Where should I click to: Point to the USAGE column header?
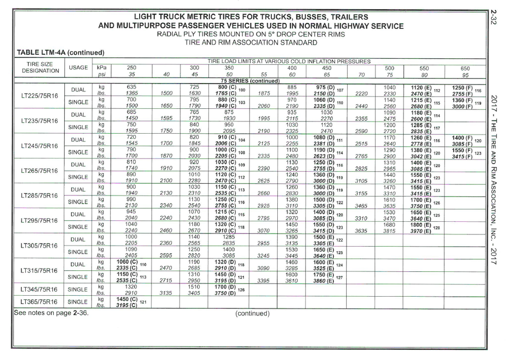(x=78, y=68)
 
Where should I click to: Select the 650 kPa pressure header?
(x=465, y=68)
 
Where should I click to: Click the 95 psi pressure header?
(x=465, y=74)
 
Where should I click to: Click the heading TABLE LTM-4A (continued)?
(x=60, y=53)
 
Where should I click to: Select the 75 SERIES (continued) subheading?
(x=250, y=81)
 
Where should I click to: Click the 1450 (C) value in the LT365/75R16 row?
(x=126, y=299)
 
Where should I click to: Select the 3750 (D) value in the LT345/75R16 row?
(x=223, y=293)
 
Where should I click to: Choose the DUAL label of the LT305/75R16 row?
(x=78, y=240)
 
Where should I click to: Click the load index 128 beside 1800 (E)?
(x=436, y=228)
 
